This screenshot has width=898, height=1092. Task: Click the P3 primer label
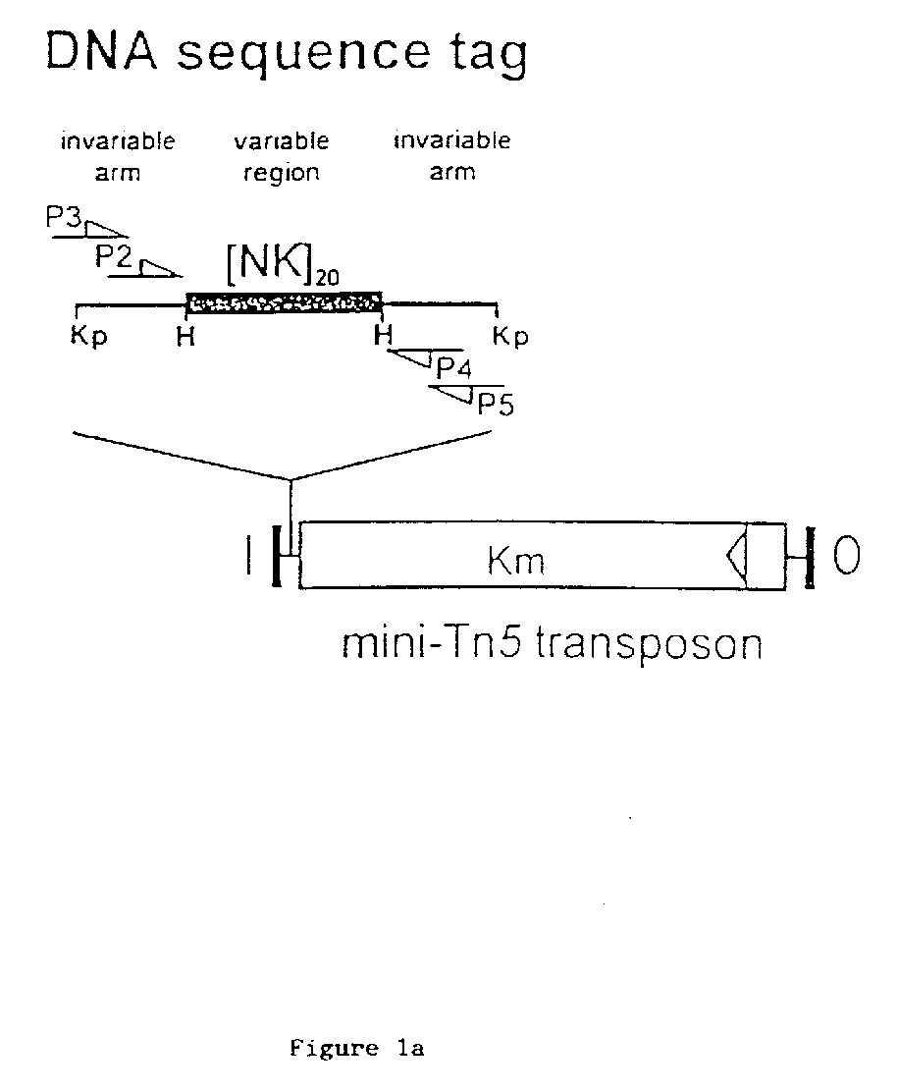pyautogui.click(x=64, y=217)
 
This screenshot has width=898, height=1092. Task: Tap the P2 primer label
pyautogui.click(x=114, y=257)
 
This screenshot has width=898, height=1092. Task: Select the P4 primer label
pyautogui.click(x=453, y=367)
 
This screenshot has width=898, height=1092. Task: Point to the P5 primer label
pyautogui.click(x=496, y=404)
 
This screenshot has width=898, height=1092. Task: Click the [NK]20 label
pyautogui.click(x=283, y=264)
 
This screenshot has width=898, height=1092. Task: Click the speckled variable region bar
pyautogui.click(x=284, y=302)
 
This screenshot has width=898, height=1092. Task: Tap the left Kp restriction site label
pyautogui.click(x=89, y=337)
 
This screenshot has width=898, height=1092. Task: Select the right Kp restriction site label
pyautogui.click(x=510, y=337)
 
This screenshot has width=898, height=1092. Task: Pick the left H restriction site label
pyautogui.click(x=185, y=337)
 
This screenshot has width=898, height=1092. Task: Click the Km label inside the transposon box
pyautogui.click(x=516, y=561)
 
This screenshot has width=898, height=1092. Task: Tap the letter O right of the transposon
pyautogui.click(x=847, y=555)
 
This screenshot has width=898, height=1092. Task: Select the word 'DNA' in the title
pyautogui.click(x=101, y=51)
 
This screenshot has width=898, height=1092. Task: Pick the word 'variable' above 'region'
pyautogui.click(x=282, y=140)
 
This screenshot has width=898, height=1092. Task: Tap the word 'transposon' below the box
pyautogui.click(x=650, y=646)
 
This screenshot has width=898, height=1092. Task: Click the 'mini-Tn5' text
pyautogui.click(x=431, y=642)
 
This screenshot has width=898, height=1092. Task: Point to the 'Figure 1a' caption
pyautogui.click(x=357, y=1048)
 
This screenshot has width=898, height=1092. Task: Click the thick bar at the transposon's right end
pyautogui.click(x=810, y=557)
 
